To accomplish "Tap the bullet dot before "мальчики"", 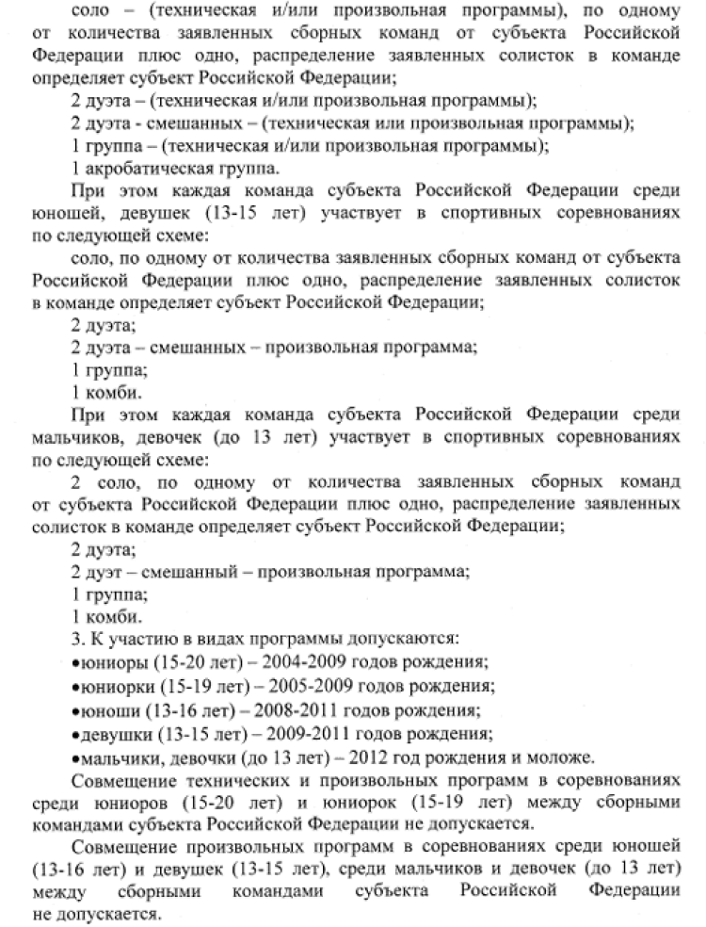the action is (x=74, y=757).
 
